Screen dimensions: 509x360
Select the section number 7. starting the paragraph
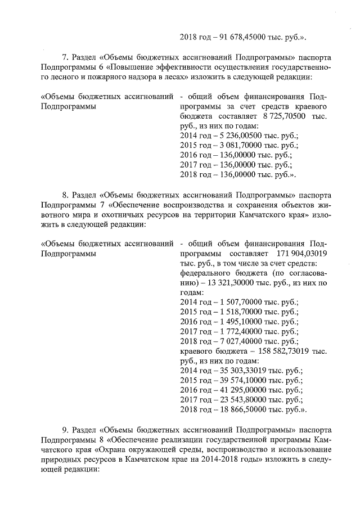click(x=65, y=57)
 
